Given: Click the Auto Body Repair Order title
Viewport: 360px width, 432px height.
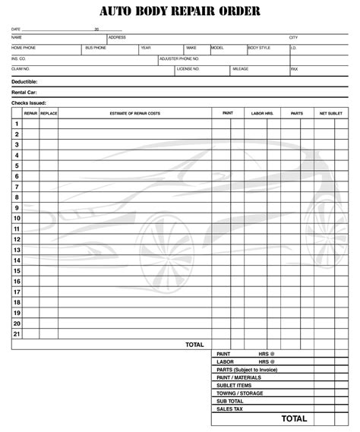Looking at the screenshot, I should (x=179, y=11).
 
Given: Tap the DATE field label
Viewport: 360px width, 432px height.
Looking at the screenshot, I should (x=15, y=30).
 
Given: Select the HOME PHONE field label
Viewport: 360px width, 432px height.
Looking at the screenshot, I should (x=23, y=47).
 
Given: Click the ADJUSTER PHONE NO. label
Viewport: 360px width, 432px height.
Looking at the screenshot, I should (x=179, y=58).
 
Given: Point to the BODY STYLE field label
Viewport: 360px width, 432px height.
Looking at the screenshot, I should (x=259, y=47).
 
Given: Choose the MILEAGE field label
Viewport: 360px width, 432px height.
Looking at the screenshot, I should (x=241, y=68).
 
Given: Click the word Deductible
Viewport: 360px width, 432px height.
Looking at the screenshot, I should (x=24, y=81).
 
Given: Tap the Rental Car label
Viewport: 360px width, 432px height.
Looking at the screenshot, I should (x=24, y=92).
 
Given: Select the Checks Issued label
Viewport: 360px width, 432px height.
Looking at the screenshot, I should (x=28, y=102).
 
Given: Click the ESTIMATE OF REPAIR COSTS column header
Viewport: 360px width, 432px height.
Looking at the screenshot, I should (x=134, y=112).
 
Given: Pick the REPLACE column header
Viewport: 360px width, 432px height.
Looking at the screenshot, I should (x=49, y=112).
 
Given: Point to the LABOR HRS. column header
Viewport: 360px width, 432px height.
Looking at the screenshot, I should (x=261, y=112).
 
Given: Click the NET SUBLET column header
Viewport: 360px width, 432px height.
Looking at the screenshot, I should (x=331, y=112).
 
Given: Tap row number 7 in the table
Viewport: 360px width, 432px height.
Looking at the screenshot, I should (x=16, y=187).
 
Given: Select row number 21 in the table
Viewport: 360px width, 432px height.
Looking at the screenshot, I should (x=16, y=334).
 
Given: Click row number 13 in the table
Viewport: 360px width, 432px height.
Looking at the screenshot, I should (x=16, y=250).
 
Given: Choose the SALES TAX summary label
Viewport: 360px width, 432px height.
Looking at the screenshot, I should (x=229, y=408).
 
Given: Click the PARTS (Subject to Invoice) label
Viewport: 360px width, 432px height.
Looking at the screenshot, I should (x=248, y=370).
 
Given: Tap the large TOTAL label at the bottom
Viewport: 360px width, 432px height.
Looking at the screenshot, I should (x=294, y=418).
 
